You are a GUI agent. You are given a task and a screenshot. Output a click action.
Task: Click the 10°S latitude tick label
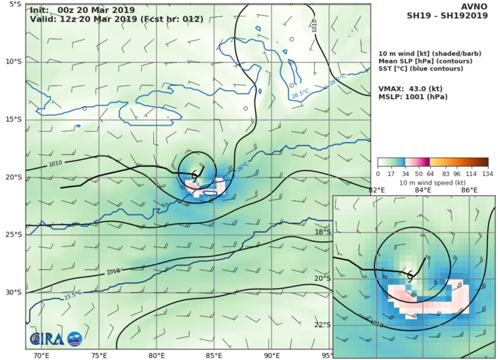point(13,61)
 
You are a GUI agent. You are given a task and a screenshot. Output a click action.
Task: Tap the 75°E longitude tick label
point(99,355)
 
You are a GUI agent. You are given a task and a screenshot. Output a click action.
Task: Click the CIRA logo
point(56,339)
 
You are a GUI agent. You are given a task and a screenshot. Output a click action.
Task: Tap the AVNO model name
point(477,6)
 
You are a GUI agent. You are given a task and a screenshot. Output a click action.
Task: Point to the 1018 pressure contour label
point(113,272)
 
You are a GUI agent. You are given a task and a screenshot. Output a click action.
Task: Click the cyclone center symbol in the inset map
point(410,274)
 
